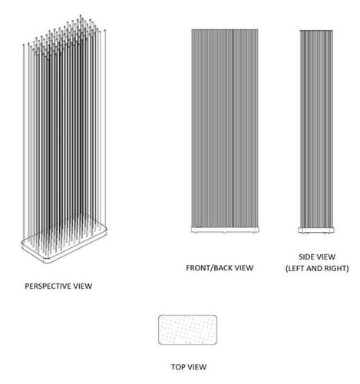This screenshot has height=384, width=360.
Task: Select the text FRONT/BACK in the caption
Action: (x=210, y=268)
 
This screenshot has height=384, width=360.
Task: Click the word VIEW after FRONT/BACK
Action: (x=244, y=268)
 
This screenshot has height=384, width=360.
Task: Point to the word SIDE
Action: (x=306, y=257)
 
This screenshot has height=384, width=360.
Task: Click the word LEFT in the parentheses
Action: (x=295, y=268)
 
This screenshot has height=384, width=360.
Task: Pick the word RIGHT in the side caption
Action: (x=336, y=268)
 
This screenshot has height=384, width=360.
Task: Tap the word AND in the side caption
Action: (x=314, y=268)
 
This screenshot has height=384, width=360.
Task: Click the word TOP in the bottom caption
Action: (x=177, y=367)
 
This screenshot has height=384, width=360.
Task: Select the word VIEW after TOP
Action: (x=197, y=367)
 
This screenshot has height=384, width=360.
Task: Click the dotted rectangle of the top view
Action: (x=188, y=329)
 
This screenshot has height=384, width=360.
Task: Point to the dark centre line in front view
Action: (x=233, y=128)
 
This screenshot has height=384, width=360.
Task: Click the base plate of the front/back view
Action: (x=225, y=230)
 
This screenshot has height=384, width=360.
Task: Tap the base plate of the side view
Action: (x=316, y=230)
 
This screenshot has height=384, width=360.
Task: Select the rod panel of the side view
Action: (x=316, y=129)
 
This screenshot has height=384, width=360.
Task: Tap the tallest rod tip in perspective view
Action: (x=81, y=16)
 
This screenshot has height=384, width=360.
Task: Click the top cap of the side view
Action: (x=316, y=31)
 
